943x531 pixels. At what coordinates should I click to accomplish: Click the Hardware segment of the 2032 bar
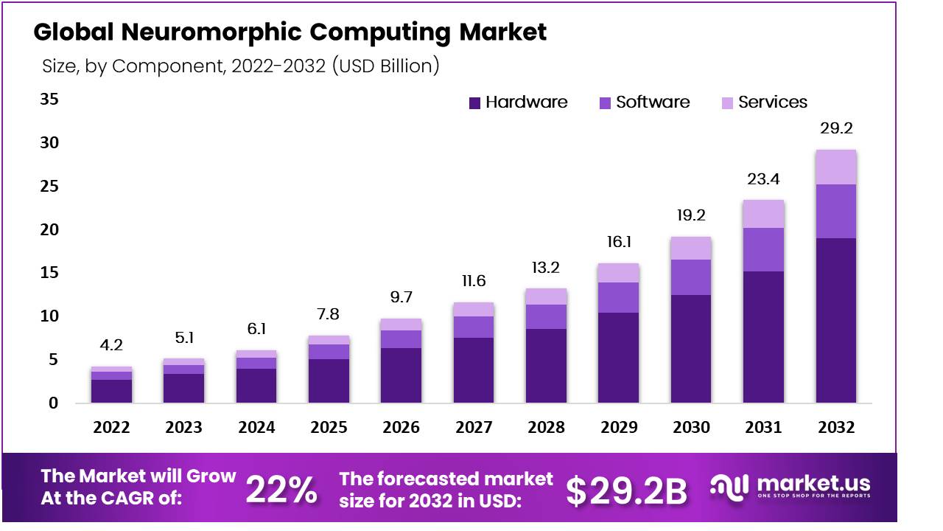835,320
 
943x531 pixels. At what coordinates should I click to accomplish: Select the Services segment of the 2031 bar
763,214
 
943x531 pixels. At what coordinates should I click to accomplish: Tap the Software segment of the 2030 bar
690,277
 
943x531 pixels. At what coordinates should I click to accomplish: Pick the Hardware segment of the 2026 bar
401,375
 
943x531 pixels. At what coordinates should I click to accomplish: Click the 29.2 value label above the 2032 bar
836,128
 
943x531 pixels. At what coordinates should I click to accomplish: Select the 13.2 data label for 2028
546,266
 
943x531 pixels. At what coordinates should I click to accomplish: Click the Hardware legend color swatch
474,103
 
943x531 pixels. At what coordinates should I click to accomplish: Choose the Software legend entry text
653,103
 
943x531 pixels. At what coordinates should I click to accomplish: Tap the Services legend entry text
773,103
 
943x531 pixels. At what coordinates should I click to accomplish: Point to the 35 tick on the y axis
49,100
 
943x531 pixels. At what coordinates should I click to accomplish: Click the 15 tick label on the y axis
49,273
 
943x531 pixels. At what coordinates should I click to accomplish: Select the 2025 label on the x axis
329,428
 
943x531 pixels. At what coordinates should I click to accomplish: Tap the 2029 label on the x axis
618,428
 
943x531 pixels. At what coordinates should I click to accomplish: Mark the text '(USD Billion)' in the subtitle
386,66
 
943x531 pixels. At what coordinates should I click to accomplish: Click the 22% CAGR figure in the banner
281,490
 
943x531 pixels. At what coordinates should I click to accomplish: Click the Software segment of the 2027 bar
473,327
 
